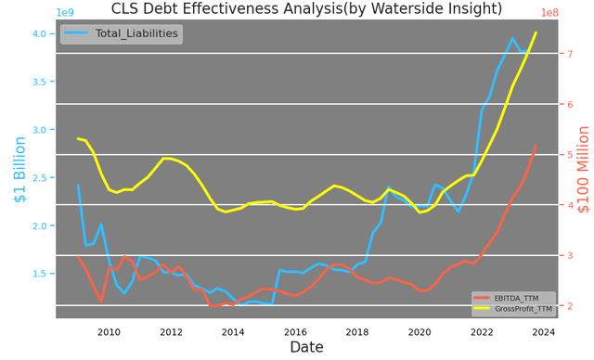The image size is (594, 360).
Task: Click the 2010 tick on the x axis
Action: coord(109,330)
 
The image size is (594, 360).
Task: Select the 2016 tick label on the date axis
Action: coord(295,330)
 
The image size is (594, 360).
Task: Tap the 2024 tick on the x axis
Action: coord(544,330)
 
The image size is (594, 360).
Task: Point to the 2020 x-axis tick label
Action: coord(420,330)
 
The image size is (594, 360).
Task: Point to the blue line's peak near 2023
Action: coord(512,38)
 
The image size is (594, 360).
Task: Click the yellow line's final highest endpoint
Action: coord(536,32)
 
